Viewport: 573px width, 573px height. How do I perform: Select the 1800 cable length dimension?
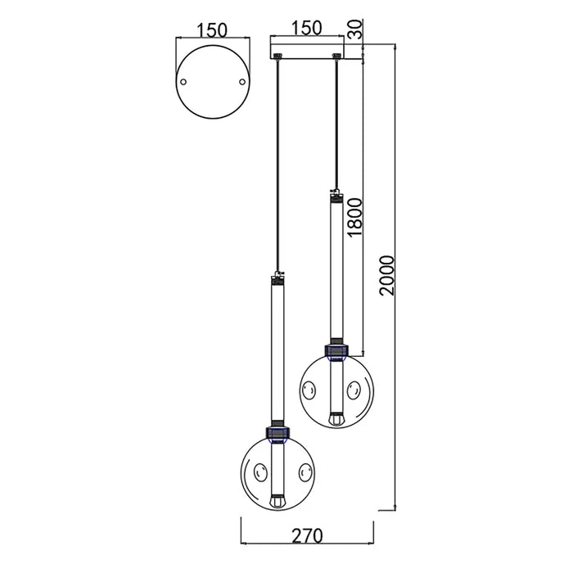[x=354, y=216]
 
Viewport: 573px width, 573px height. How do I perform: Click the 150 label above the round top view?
[x=211, y=30]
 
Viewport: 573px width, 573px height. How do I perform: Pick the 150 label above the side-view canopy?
[x=307, y=27]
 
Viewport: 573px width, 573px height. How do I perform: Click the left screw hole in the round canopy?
[x=184, y=82]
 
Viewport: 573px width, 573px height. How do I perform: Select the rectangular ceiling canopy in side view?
[x=307, y=49]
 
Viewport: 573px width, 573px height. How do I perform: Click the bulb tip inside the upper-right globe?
[x=335, y=418]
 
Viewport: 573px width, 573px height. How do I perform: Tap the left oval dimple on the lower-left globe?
[x=260, y=471]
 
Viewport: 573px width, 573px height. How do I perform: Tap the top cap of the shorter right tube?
[x=335, y=196]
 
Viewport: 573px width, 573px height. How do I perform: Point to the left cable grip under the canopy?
[x=279, y=56]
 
